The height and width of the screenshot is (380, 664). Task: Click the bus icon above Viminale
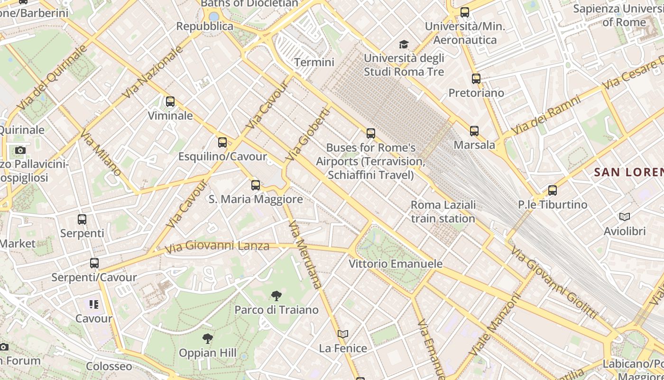(x=170, y=102)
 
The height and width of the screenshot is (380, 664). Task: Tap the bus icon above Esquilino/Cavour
(x=222, y=142)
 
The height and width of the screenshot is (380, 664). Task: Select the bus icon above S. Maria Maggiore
(x=256, y=185)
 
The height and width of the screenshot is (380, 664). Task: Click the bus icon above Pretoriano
(x=476, y=79)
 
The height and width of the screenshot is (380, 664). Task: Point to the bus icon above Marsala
(x=474, y=131)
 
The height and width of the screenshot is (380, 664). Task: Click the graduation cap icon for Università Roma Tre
(x=404, y=45)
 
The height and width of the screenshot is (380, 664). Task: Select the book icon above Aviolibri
(x=625, y=217)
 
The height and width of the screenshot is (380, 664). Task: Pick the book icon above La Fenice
(x=343, y=334)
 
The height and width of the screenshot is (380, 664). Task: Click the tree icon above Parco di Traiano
(x=277, y=296)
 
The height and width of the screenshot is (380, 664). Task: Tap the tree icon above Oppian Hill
(x=207, y=339)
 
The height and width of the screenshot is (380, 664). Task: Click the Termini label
(x=314, y=62)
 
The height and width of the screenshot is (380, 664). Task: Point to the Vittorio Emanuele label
(x=396, y=264)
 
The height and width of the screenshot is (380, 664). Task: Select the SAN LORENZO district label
(x=629, y=172)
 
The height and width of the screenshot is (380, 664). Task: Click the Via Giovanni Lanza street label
(x=217, y=247)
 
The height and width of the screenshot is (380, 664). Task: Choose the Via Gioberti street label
(x=308, y=134)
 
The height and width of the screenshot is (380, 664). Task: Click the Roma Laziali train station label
(x=443, y=212)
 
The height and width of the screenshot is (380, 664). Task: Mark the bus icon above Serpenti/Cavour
(x=94, y=263)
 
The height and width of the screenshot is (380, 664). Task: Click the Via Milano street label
(x=101, y=152)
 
